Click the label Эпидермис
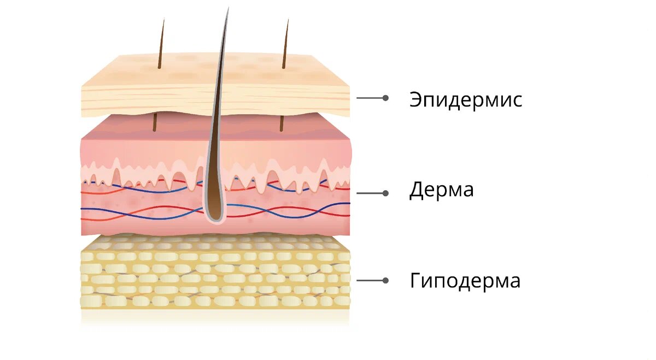466,100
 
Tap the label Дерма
442,191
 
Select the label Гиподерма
465,281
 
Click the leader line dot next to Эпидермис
385,98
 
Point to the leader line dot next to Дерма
385,193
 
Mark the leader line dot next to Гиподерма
385,280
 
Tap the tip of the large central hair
227,9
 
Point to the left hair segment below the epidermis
155,122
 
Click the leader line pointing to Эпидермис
371,98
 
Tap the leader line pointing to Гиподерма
371,280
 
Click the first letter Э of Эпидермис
417,100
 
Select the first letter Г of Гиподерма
415,281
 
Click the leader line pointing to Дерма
371,193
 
